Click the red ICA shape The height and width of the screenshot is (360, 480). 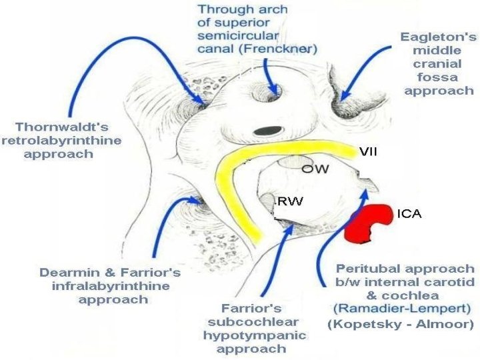369,223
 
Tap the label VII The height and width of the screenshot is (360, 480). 368,153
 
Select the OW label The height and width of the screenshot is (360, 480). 315,169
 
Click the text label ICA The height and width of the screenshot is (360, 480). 409,215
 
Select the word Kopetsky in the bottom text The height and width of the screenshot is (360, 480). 363,325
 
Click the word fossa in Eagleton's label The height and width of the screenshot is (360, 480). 439,77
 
